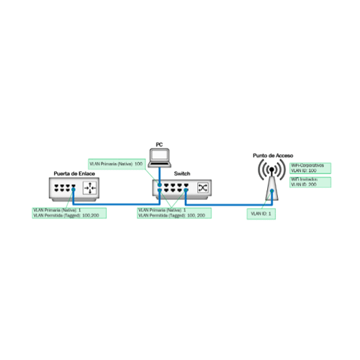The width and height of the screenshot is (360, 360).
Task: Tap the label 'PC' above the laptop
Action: (x=158, y=145)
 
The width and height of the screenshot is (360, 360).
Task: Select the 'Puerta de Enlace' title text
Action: (x=76, y=174)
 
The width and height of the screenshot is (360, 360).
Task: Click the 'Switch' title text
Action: (x=182, y=174)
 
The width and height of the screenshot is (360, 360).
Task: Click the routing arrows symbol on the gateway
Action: (x=90, y=189)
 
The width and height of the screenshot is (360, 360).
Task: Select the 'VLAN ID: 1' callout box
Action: (x=261, y=214)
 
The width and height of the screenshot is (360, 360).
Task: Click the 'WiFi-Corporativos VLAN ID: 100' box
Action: (x=309, y=168)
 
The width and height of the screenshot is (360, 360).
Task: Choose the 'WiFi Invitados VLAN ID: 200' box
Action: (x=309, y=182)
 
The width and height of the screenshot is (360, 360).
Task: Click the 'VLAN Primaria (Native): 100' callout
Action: (x=117, y=164)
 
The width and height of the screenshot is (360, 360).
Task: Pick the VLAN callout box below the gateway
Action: (x=69, y=213)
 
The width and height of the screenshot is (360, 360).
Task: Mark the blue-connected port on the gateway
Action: (x=73, y=189)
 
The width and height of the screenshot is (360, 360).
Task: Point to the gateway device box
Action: (x=76, y=189)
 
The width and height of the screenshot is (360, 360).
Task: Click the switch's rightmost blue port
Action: (x=185, y=189)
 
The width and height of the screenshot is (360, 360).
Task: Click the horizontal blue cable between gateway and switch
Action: (x=115, y=203)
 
